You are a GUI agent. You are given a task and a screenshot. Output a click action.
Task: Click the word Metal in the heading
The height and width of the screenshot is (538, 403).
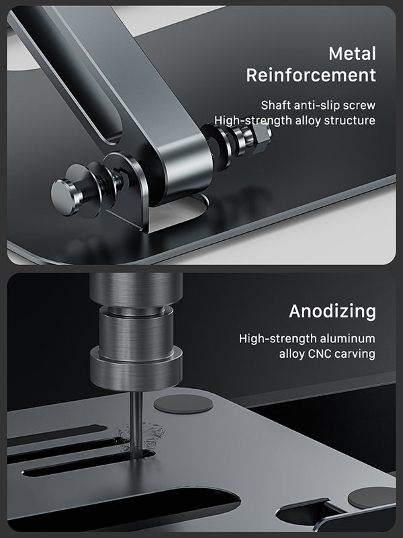coord(352,54)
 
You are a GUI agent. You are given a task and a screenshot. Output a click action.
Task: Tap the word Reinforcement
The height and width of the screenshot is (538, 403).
coord(311,75)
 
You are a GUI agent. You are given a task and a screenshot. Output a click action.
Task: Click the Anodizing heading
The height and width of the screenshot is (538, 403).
coord(332,311)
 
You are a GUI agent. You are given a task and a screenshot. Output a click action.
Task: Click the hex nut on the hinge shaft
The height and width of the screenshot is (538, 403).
coord(261,137)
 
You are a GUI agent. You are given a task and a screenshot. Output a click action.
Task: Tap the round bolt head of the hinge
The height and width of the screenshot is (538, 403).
coord(64,197)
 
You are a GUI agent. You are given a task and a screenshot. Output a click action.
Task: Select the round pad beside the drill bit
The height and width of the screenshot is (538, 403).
coord(183,403)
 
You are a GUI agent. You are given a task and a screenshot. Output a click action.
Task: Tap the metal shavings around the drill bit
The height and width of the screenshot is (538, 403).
coord(139,436)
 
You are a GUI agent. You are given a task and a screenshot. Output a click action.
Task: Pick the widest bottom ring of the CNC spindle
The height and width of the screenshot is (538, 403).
coord(136,373)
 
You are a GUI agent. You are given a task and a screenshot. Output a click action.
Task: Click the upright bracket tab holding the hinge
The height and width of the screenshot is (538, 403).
coord(132,192)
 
